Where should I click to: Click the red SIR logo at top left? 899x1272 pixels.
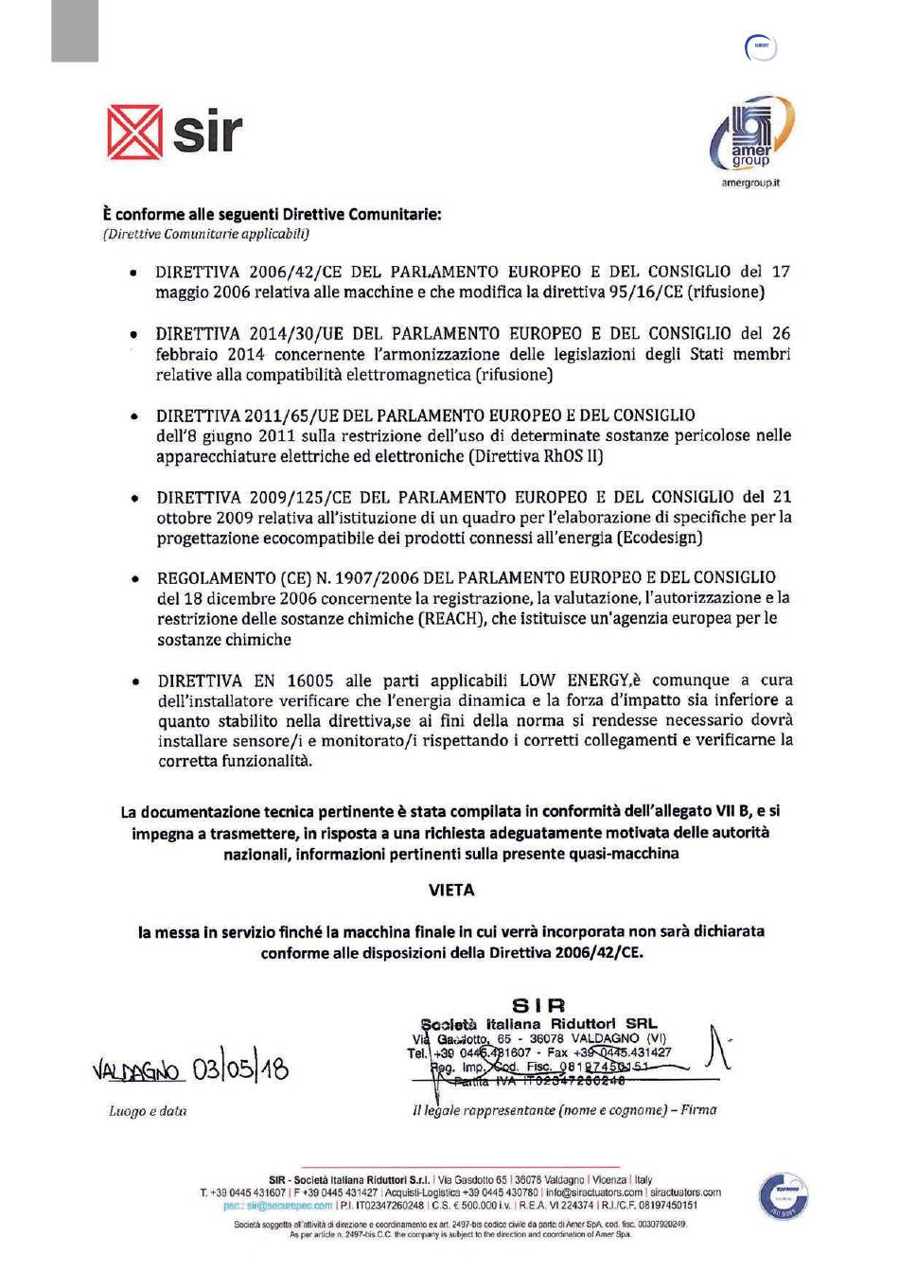[x=174, y=132]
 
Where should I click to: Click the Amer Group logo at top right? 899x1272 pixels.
[x=752, y=133]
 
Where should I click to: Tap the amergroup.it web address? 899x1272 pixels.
[x=750, y=183]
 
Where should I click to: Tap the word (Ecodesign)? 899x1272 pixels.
[x=660, y=538]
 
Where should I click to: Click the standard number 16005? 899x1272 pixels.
[x=309, y=680]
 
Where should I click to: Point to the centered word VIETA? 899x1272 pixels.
[x=451, y=891]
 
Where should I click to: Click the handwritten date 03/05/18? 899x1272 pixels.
[x=239, y=1069]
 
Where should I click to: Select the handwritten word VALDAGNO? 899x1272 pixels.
[x=136, y=1071]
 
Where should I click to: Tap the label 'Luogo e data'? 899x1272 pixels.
[x=148, y=1111]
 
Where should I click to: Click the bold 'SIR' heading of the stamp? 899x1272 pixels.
[x=538, y=1005]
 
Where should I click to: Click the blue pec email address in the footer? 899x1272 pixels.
[x=278, y=1206]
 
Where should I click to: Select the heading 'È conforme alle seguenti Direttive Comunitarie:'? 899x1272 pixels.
[x=272, y=214]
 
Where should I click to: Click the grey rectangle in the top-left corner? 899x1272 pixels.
[x=75, y=30]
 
